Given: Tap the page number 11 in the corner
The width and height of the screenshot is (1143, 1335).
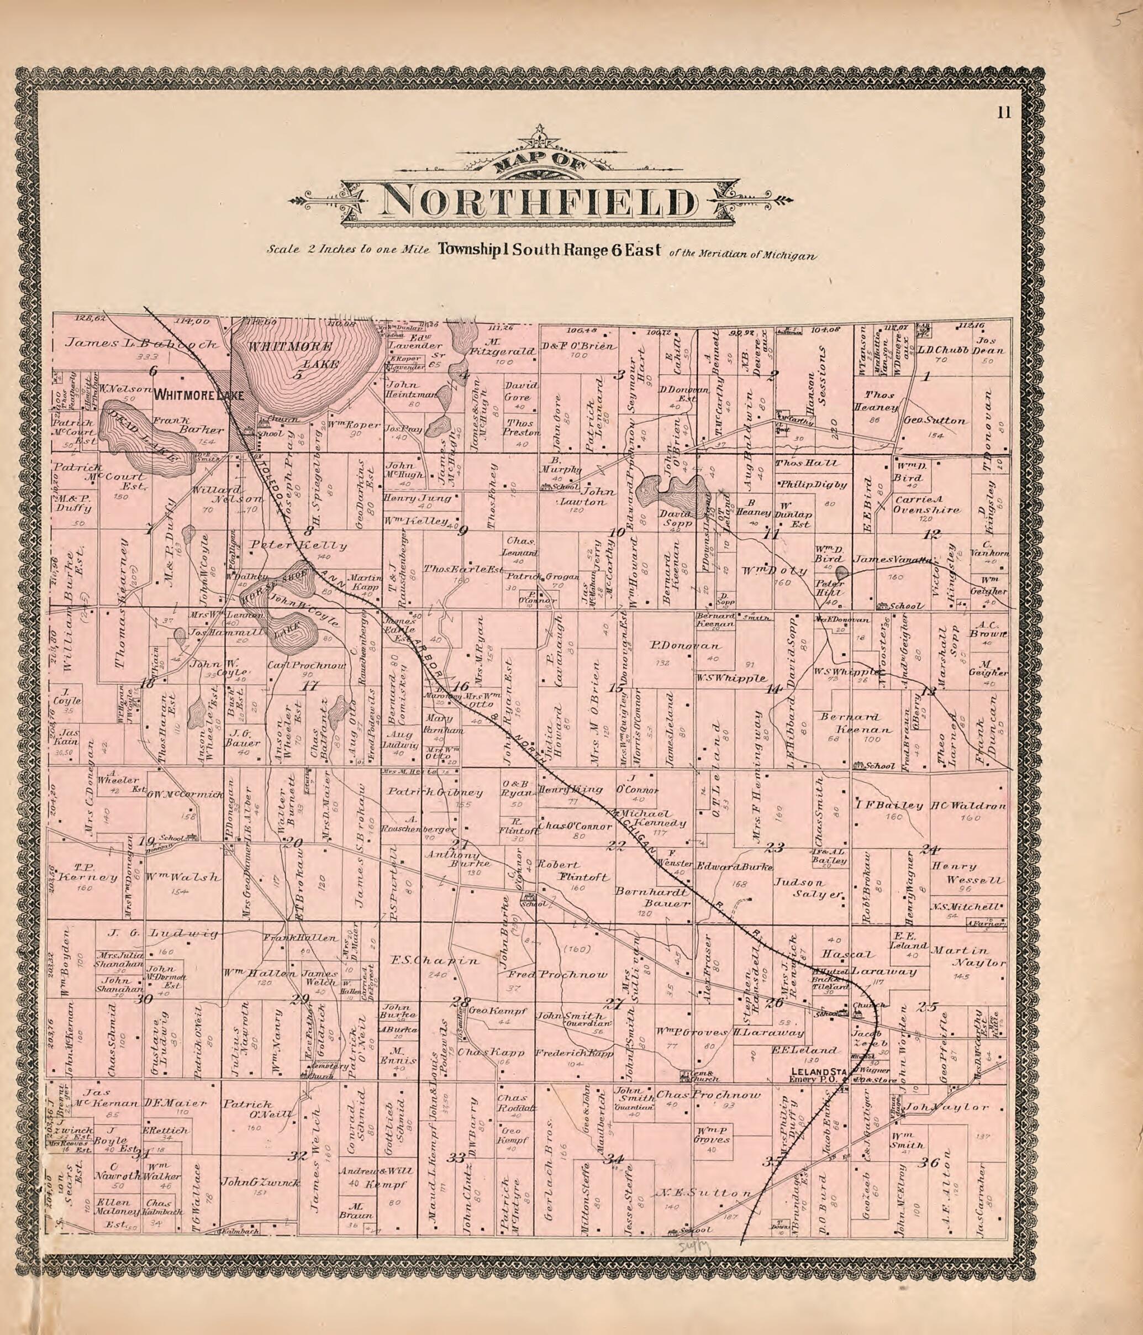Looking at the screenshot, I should pos(1004,113).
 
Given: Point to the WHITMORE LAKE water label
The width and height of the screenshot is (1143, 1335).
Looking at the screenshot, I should pos(293,355).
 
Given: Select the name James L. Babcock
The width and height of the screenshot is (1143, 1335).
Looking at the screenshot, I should pos(143,343).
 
